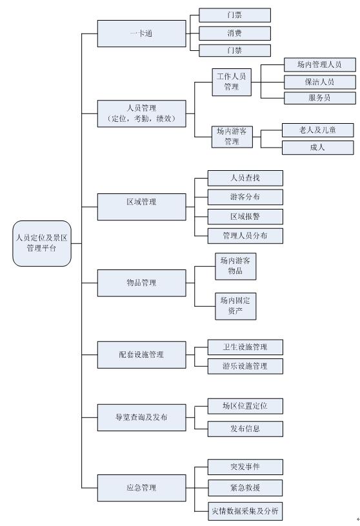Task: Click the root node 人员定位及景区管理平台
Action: pos(42,243)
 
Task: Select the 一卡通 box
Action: pos(141,34)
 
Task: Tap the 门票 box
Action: pos(235,15)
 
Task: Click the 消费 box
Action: pos(235,34)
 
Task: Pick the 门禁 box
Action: pos(235,50)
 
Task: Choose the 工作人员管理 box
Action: pos(232,83)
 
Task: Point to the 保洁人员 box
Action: pos(320,82)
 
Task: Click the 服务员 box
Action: pos(320,98)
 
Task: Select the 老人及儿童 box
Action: pos(317,130)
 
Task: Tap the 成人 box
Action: pos(317,148)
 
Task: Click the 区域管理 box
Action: pos(141,207)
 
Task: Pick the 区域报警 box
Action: pos(245,217)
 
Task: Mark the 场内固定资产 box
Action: pos(235,306)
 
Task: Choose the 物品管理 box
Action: pos(141,283)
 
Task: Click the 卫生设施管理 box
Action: pos(245,347)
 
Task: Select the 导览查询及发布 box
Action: pos(141,417)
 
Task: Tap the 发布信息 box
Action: pos(245,429)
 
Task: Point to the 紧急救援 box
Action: pos(245,488)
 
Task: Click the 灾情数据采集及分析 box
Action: pos(245,511)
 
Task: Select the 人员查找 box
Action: pos(245,178)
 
